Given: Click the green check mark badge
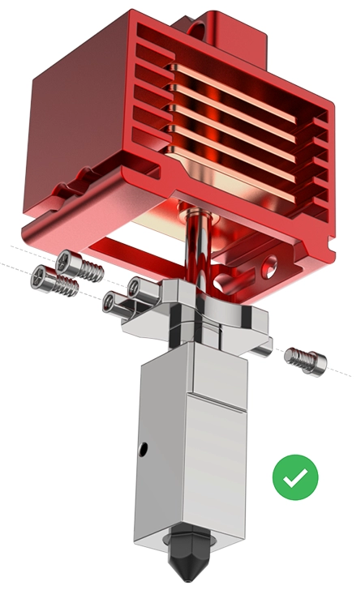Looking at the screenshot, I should coord(295,477).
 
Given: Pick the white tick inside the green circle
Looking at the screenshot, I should coord(295,477).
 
